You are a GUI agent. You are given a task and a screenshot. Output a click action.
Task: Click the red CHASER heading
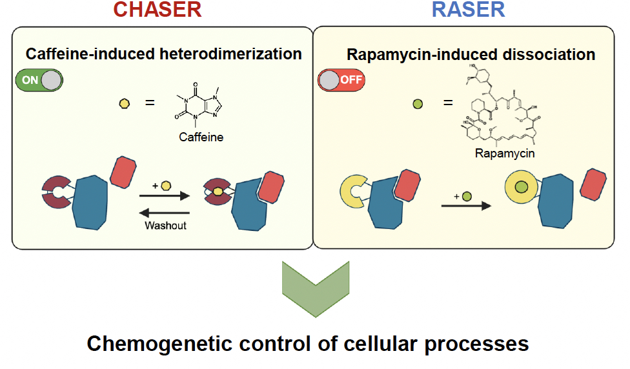[157, 10]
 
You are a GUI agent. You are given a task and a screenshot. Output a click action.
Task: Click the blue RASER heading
[468, 10]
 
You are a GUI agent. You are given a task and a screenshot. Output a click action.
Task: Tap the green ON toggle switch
[38, 80]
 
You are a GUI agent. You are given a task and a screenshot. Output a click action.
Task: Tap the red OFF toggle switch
[341, 80]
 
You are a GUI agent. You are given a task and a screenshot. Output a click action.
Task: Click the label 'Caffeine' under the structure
[201, 137]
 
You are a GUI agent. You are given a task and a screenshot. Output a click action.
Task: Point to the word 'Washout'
[165, 225]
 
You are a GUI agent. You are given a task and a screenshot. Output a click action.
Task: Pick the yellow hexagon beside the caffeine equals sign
[124, 103]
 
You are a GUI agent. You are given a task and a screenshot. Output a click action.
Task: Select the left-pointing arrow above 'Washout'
[165, 213]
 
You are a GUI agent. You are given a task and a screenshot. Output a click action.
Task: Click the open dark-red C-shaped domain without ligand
[57, 192]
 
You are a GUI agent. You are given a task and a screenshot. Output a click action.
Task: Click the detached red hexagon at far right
[592, 183]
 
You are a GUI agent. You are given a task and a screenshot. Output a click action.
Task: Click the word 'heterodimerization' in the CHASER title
[230, 54]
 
